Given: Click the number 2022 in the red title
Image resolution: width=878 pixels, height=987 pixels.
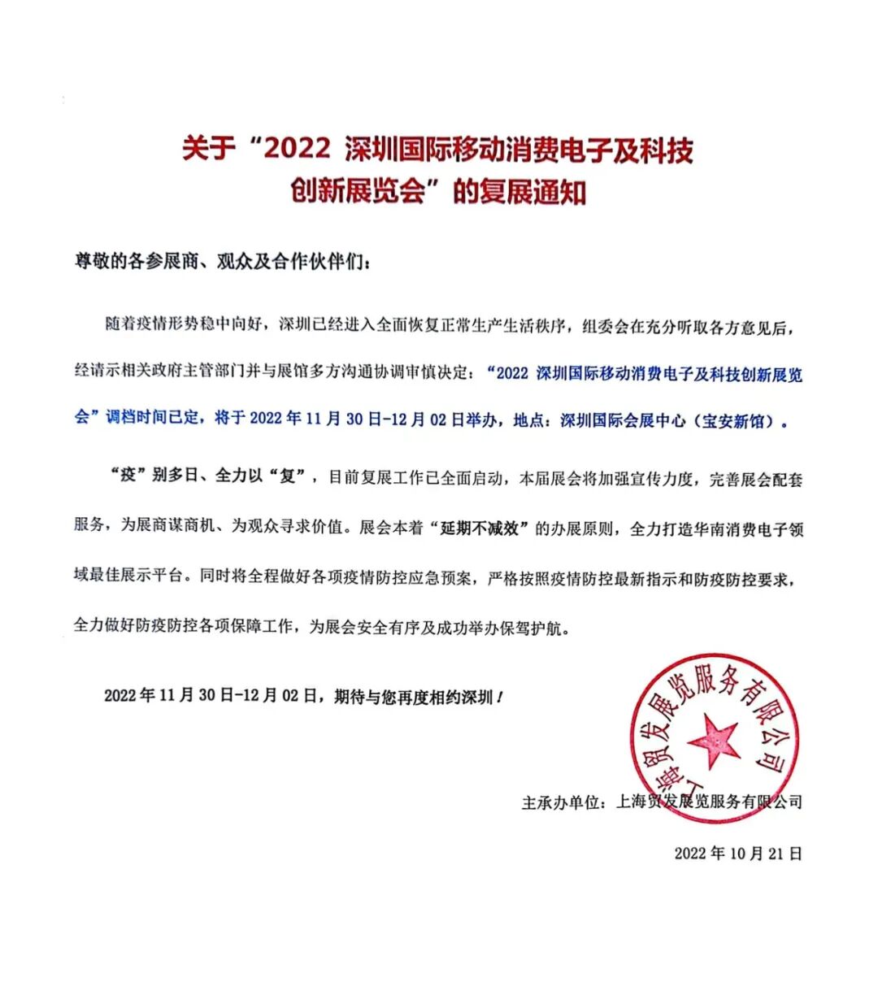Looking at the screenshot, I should click(x=298, y=150).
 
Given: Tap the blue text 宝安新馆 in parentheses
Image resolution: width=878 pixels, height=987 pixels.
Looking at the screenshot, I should click(x=735, y=421).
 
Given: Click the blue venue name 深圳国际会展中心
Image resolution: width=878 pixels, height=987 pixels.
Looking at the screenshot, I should click(x=623, y=421).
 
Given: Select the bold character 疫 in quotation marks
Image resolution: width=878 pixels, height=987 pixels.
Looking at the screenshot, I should click(x=128, y=476).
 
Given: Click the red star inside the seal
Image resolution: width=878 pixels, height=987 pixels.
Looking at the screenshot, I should click(x=713, y=740).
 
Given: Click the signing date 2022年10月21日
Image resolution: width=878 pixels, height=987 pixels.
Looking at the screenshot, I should click(x=737, y=853).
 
